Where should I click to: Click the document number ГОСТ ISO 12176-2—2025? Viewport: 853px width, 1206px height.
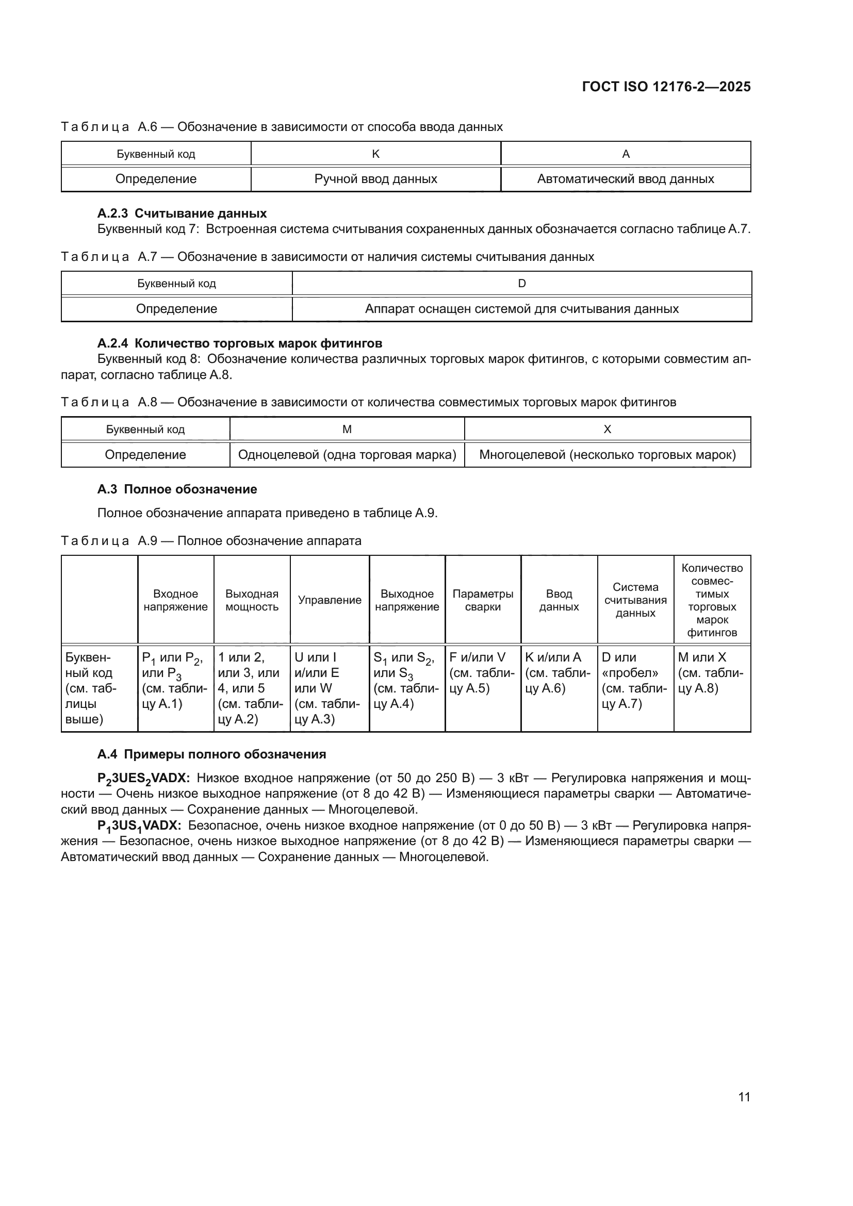[x=666, y=87]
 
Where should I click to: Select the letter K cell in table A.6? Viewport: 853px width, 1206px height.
[x=375, y=154]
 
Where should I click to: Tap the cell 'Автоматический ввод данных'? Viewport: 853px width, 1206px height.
[x=625, y=179]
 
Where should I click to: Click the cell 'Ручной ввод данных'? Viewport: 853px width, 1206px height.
[x=375, y=179]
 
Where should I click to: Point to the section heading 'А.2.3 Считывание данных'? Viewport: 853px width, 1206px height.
[x=182, y=213]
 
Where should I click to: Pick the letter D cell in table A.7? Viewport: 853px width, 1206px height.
[x=521, y=284]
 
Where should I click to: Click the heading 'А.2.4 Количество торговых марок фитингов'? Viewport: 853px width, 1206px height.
[x=239, y=343]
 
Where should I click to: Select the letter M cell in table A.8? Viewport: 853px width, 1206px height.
[x=347, y=429]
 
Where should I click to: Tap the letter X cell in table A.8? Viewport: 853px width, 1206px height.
[x=607, y=429]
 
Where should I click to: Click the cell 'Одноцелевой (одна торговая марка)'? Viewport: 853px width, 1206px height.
[x=347, y=455]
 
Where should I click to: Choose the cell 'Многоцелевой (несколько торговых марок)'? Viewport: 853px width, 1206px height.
[x=607, y=455]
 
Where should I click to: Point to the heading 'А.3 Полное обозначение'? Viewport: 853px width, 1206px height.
[x=177, y=489]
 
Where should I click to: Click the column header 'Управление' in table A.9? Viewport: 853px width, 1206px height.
[x=330, y=600]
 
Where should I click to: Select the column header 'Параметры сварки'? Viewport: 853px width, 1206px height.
[x=483, y=600]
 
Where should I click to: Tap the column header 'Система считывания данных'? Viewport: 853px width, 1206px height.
[x=635, y=600]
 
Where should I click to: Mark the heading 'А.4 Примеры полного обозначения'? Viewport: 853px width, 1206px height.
[x=211, y=754]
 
